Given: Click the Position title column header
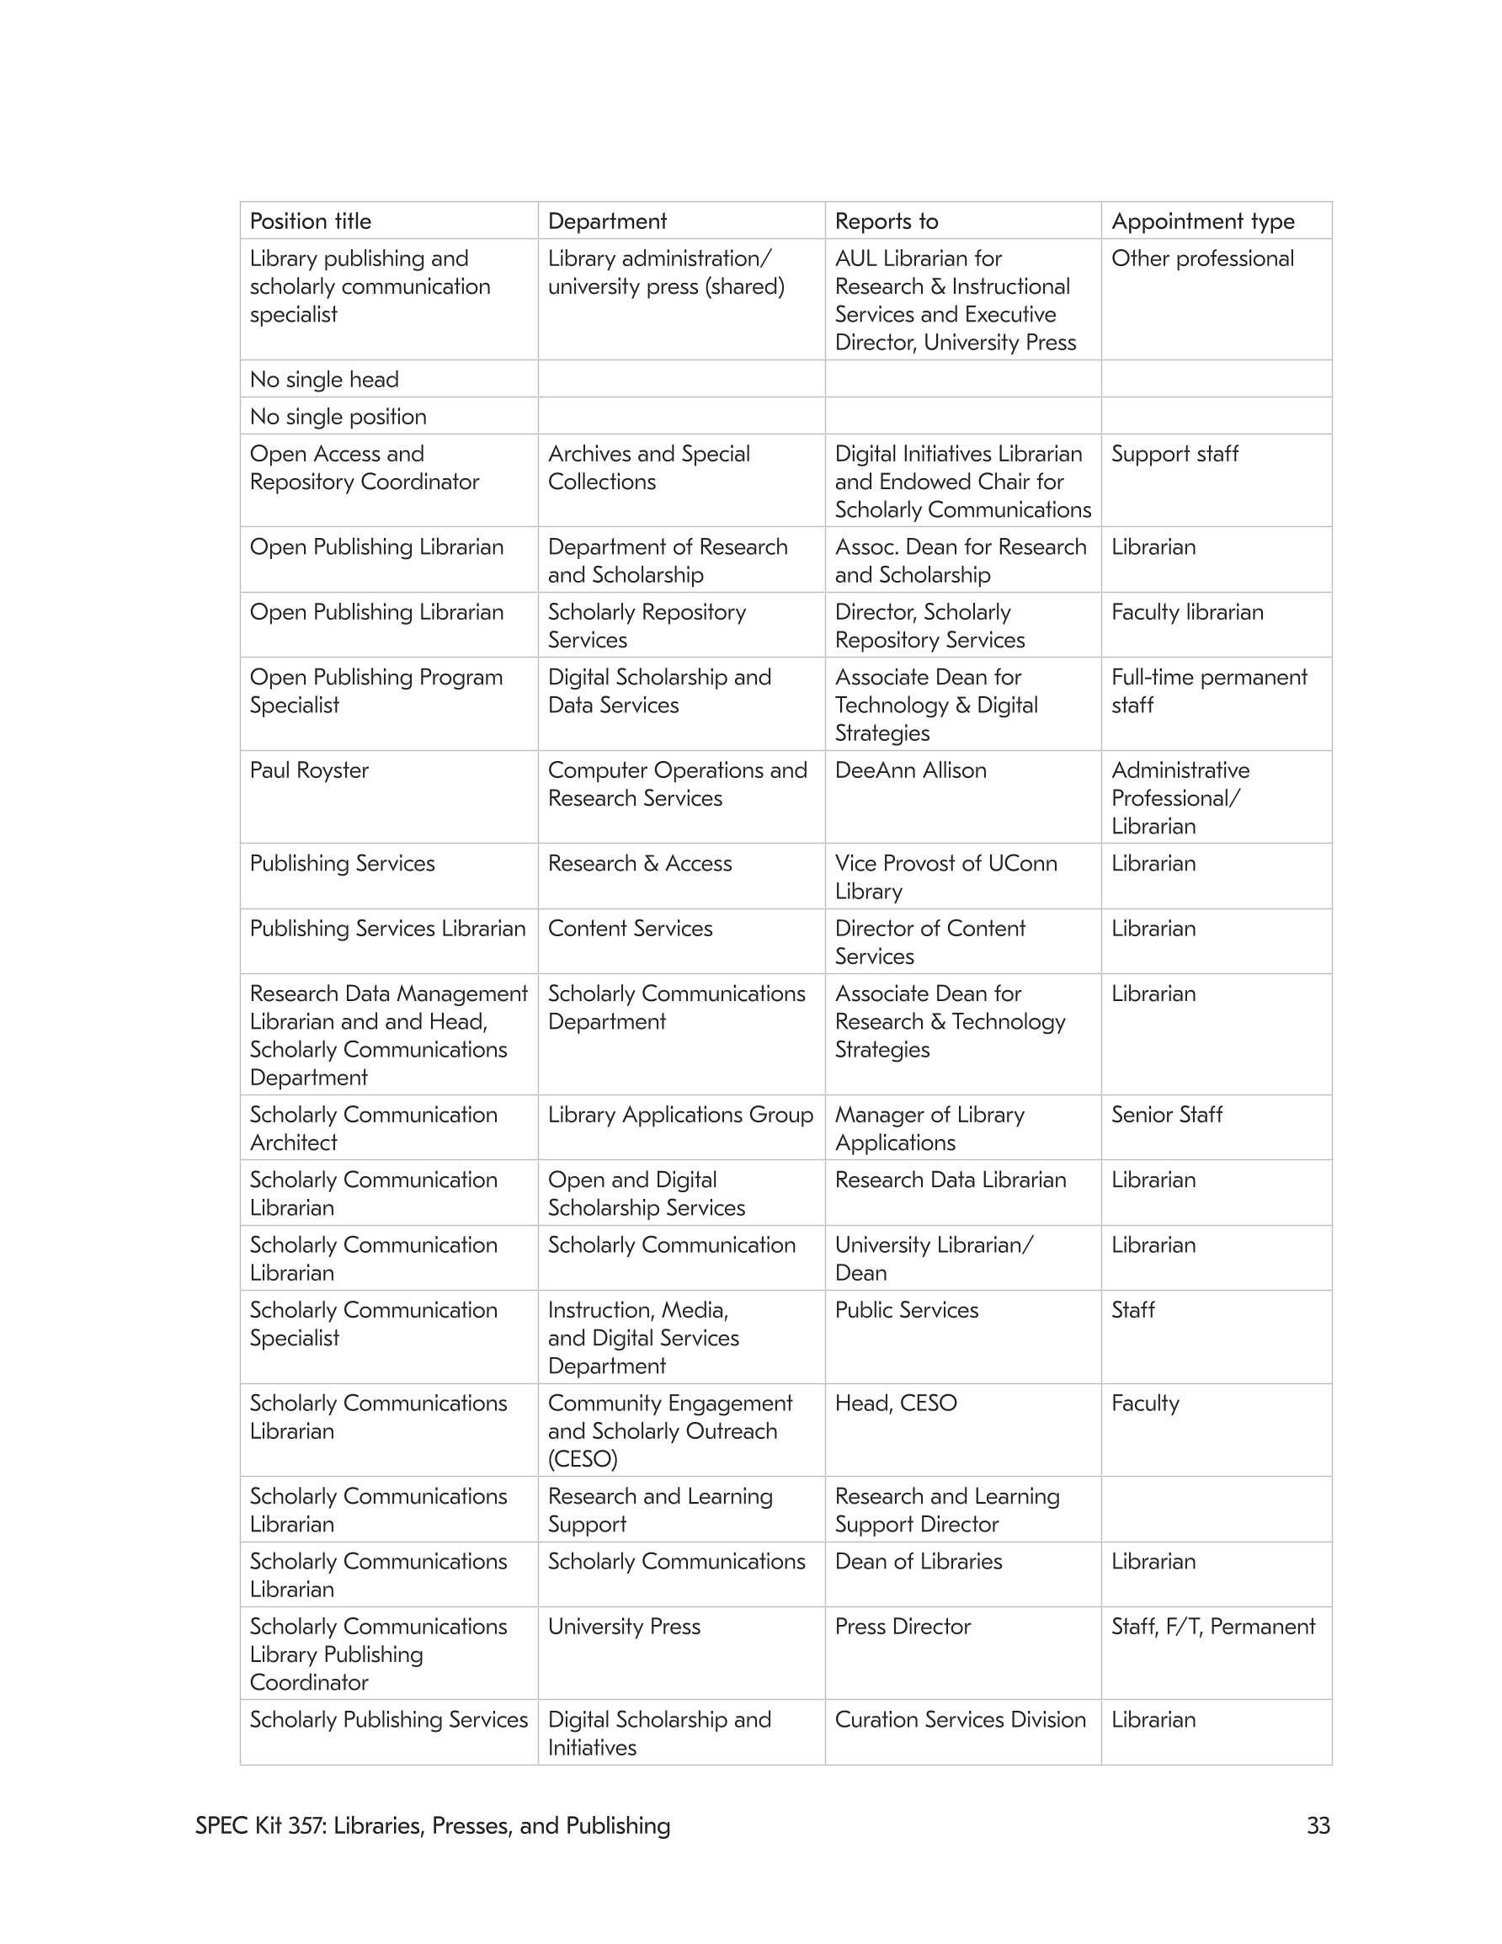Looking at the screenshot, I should [311, 221].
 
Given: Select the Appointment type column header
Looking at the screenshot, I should [1202, 221].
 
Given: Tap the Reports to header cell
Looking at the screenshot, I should [886, 221].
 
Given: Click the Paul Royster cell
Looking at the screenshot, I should [309, 770].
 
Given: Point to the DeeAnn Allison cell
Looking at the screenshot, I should [910, 770].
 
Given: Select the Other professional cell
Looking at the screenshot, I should [1202, 258].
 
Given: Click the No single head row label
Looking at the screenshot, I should [324, 379].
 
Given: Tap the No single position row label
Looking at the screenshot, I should [338, 417].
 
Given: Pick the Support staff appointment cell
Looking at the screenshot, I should [1174, 454].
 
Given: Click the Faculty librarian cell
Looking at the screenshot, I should [1187, 612].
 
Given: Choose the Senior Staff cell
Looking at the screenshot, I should [1166, 1115].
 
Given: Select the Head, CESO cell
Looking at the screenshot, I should [896, 1403].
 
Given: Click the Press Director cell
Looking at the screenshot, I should [902, 1627].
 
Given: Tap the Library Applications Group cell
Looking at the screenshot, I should [680, 1115].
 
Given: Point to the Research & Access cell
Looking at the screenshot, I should [639, 864].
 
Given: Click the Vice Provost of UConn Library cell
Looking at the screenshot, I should [945, 876].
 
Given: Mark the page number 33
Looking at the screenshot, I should [1318, 1825].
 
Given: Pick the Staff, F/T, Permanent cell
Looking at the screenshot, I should [1212, 1627].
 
